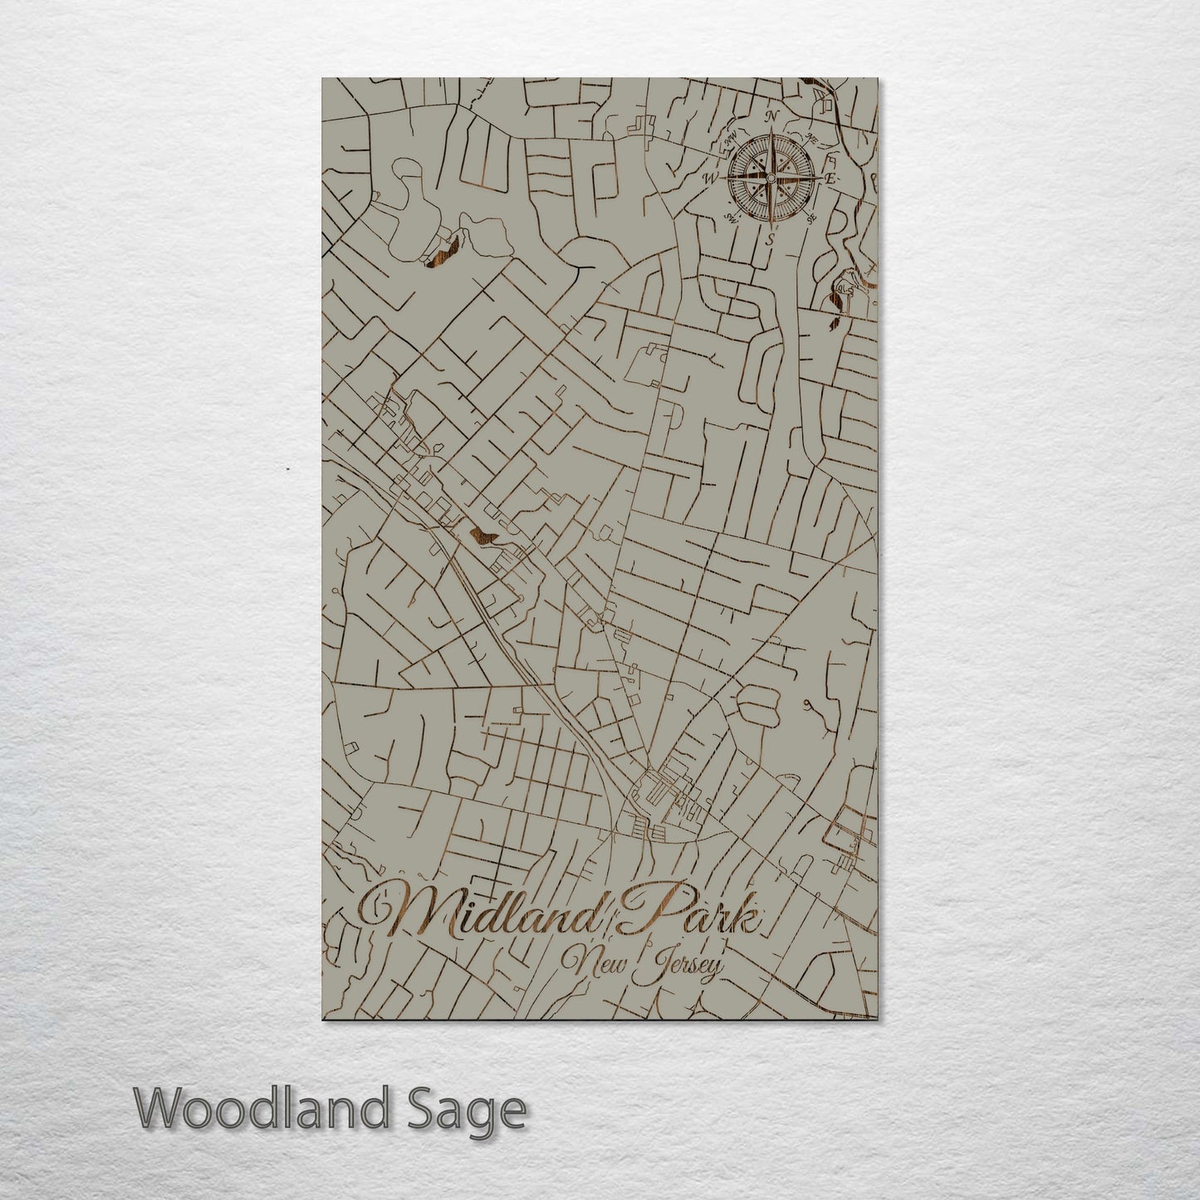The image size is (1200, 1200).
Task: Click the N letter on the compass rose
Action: coord(772,116)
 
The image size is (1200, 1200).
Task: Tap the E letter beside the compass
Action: coord(830,179)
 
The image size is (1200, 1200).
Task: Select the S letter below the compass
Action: coord(770,239)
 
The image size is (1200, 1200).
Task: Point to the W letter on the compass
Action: coord(711,178)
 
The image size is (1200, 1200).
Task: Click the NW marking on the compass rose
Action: coord(732,141)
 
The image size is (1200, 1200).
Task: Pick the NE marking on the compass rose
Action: coord(813,138)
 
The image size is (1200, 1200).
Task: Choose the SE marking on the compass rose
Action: coord(811,218)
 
